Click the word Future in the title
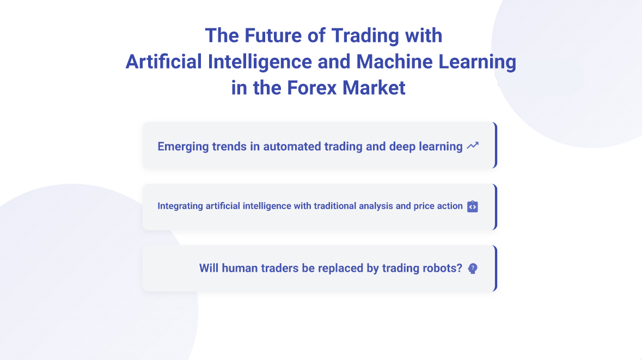[273, 35]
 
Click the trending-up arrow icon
[473, 145]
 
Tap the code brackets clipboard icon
[473, 207]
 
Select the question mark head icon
[473, 269]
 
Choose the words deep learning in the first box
[426, 147]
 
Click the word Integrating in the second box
[180, 206]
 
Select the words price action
[438, 206]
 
